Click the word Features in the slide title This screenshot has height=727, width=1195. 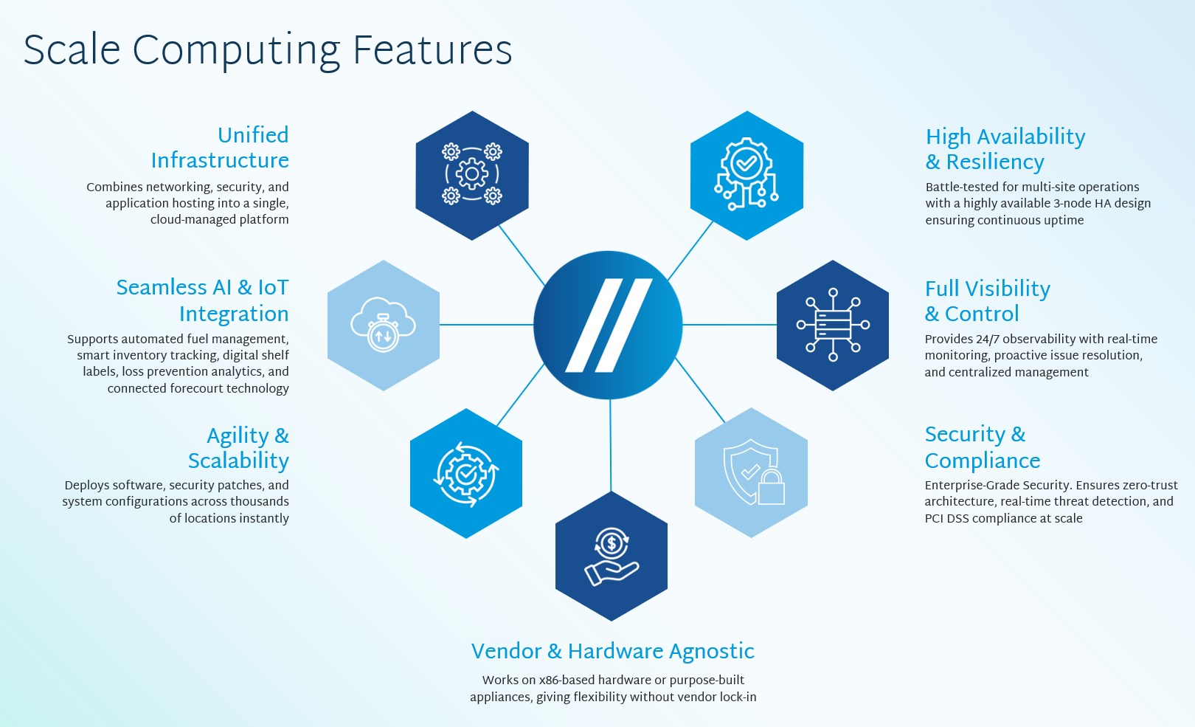(432, 50)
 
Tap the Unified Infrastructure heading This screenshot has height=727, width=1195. (220, 148)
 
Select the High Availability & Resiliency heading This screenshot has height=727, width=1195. (1005, 149)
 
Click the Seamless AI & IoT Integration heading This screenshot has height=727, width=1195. (203, 300)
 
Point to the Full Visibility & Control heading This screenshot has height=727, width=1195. (988, 301)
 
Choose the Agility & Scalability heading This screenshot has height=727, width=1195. (238, 448)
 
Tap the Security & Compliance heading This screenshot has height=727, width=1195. (983, 447)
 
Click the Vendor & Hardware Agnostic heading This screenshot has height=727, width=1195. (613, 651)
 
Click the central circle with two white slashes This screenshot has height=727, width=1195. (608, 325)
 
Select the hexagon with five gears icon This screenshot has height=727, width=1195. (472, 175)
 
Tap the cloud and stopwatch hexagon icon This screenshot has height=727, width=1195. (384, 325)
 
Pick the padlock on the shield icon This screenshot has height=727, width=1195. (772, 487)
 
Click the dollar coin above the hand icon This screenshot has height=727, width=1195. (612, 544)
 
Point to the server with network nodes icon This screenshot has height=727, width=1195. (833, 325)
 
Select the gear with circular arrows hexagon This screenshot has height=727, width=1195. (466, 473)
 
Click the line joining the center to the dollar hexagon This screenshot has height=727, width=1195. (611, 445)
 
